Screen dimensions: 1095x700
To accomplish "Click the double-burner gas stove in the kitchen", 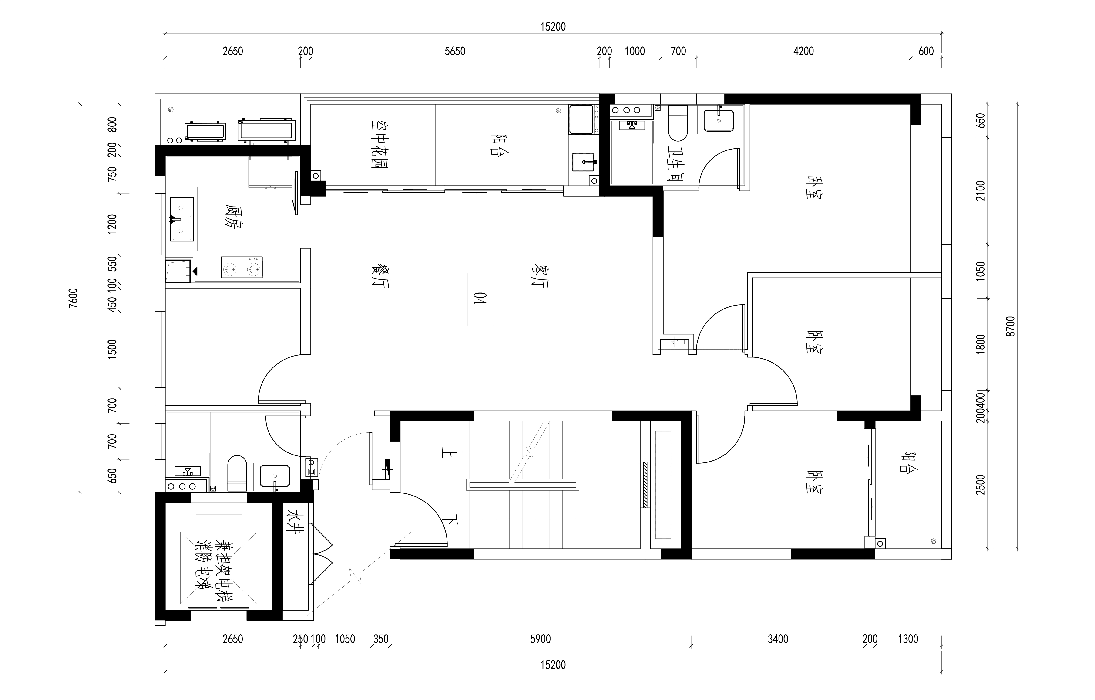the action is click(x=242, y=268).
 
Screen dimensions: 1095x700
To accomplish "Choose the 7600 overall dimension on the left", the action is click(x=73, y=298).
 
